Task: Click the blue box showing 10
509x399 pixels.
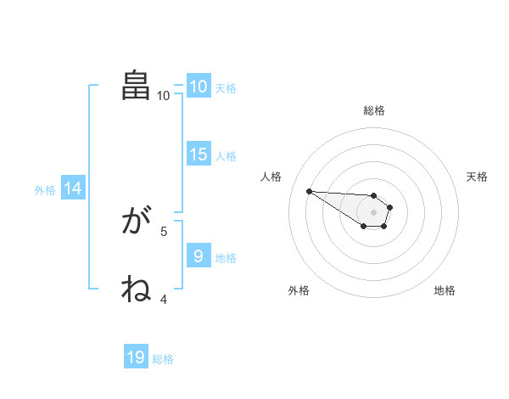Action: click(x=198, y=87)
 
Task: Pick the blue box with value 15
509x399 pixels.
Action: click(x=198, y=155)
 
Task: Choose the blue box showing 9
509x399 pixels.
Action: click(x=198, y=256)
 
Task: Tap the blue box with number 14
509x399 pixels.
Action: click(x=73, y=189)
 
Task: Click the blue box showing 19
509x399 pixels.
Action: click(x=136, y=357)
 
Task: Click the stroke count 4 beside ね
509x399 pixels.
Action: click(x=164, y=299)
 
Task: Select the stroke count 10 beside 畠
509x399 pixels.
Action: click(x=164, y=95)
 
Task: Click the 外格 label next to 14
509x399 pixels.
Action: click(x=45, y=190)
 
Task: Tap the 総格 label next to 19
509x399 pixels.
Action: click(x=163, y=358)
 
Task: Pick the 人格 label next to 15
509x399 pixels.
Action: click(x=226, y=156)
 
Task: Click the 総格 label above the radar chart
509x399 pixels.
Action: click(x=374, y=110)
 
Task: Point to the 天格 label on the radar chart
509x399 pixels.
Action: click(x=478, y=177)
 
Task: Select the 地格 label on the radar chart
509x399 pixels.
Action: click(x=445, y=290)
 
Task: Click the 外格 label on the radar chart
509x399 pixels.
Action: click(x=299, y=290)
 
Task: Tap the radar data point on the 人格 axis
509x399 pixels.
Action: click(x=309, y=191)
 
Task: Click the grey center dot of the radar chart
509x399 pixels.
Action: click(x=373, y=212)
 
